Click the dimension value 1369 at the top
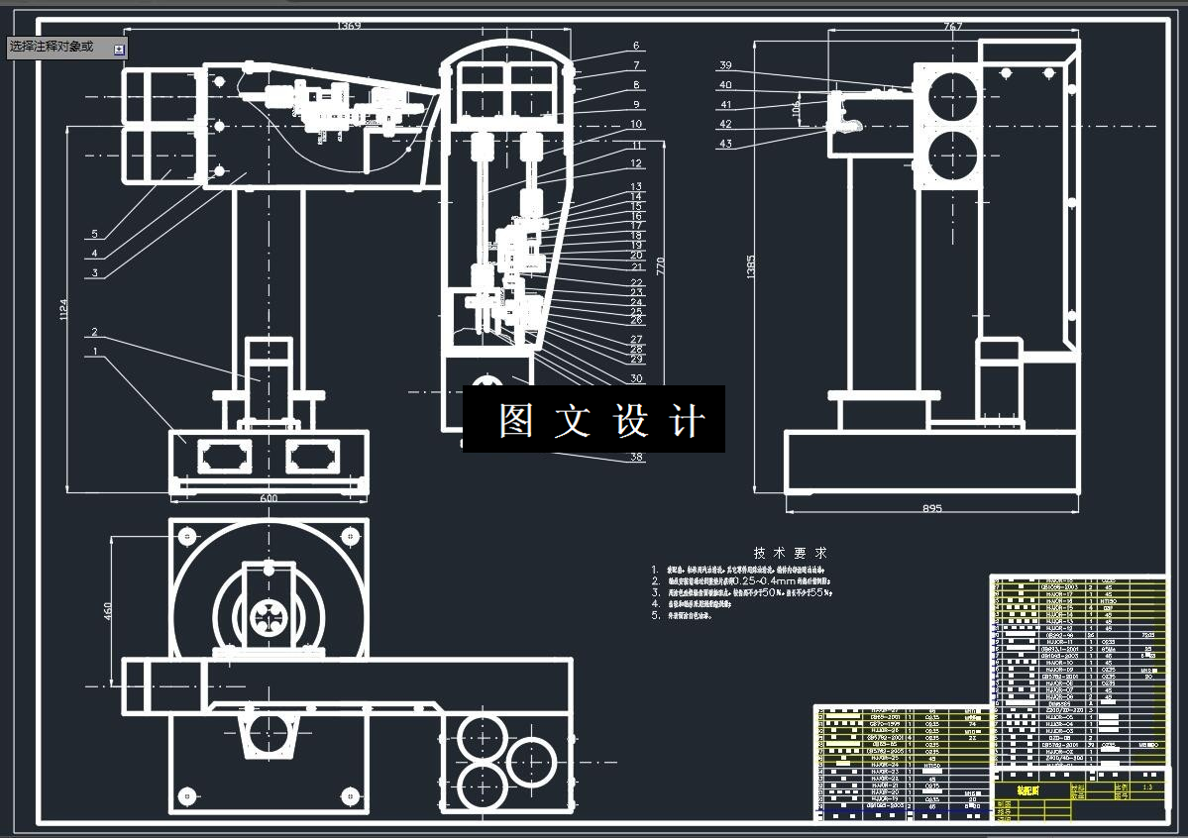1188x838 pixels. tap(349, 25)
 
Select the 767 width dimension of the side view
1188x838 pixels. tap(952, 26)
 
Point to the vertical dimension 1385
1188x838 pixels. tap(750, 264)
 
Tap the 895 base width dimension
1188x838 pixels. tap(931, 508)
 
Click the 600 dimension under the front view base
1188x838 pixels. tap(269, 498)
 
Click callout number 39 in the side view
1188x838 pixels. tap(725, 65)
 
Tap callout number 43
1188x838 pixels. tap(725, 145)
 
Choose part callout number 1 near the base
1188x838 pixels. tap(94, 351)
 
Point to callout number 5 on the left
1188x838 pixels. tap(94, 234)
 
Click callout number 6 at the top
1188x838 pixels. tap(636, 46)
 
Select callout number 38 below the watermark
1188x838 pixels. tap(636, 458)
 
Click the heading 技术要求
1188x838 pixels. tap(790, 553)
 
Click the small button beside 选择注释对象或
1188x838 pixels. tap(119, 49)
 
